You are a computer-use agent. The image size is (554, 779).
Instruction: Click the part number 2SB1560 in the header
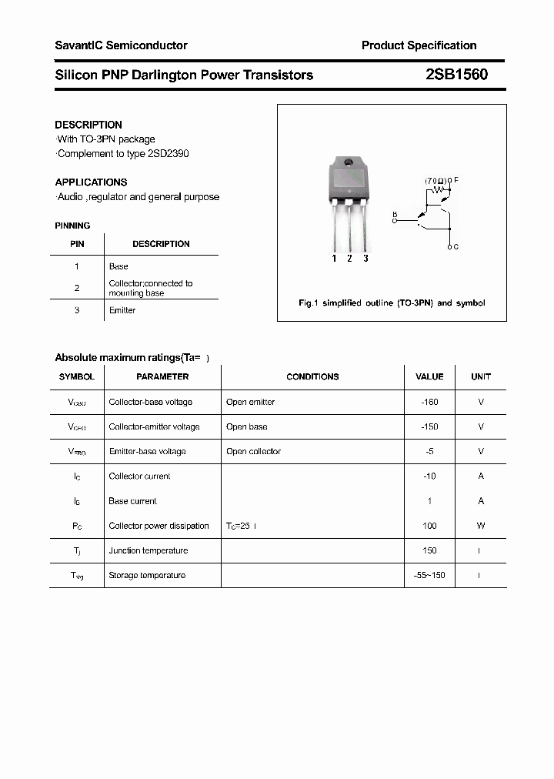[x=456, y=75]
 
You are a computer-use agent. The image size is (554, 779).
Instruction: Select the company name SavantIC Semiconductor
[x=121, y=45]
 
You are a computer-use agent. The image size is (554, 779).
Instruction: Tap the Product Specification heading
[x=419, y=45]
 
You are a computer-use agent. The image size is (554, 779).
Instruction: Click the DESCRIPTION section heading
[x=88, y=125]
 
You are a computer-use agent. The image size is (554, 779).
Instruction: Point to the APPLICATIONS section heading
[x=91, y=182]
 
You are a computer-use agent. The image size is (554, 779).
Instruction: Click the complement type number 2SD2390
[x=168, y=153]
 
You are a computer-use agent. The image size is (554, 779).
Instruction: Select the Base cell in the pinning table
[x=118, y=266]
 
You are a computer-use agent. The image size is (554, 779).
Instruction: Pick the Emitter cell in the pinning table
[x=122, y=310]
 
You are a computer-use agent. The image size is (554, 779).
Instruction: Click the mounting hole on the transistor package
[x=348, y=162]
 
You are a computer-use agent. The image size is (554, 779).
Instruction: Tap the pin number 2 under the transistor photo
[x=349, y=259]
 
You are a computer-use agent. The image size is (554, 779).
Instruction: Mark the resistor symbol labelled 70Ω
[x=439, y=189]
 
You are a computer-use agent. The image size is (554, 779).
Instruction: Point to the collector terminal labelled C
[x=454, y=246]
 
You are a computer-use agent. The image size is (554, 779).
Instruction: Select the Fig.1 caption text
[x=392, y=303]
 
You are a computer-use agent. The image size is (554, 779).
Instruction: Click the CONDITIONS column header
[x=312, y=376]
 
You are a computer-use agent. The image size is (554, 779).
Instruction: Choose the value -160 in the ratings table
[x=429, y=402]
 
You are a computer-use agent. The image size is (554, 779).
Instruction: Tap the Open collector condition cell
[x=253, y=451]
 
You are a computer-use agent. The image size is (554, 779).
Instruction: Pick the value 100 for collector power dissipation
[x=429, y=526]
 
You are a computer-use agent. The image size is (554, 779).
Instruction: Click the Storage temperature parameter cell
[x=147, y=575]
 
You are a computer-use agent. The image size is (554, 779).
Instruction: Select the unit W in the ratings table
[x=481, y=526]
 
